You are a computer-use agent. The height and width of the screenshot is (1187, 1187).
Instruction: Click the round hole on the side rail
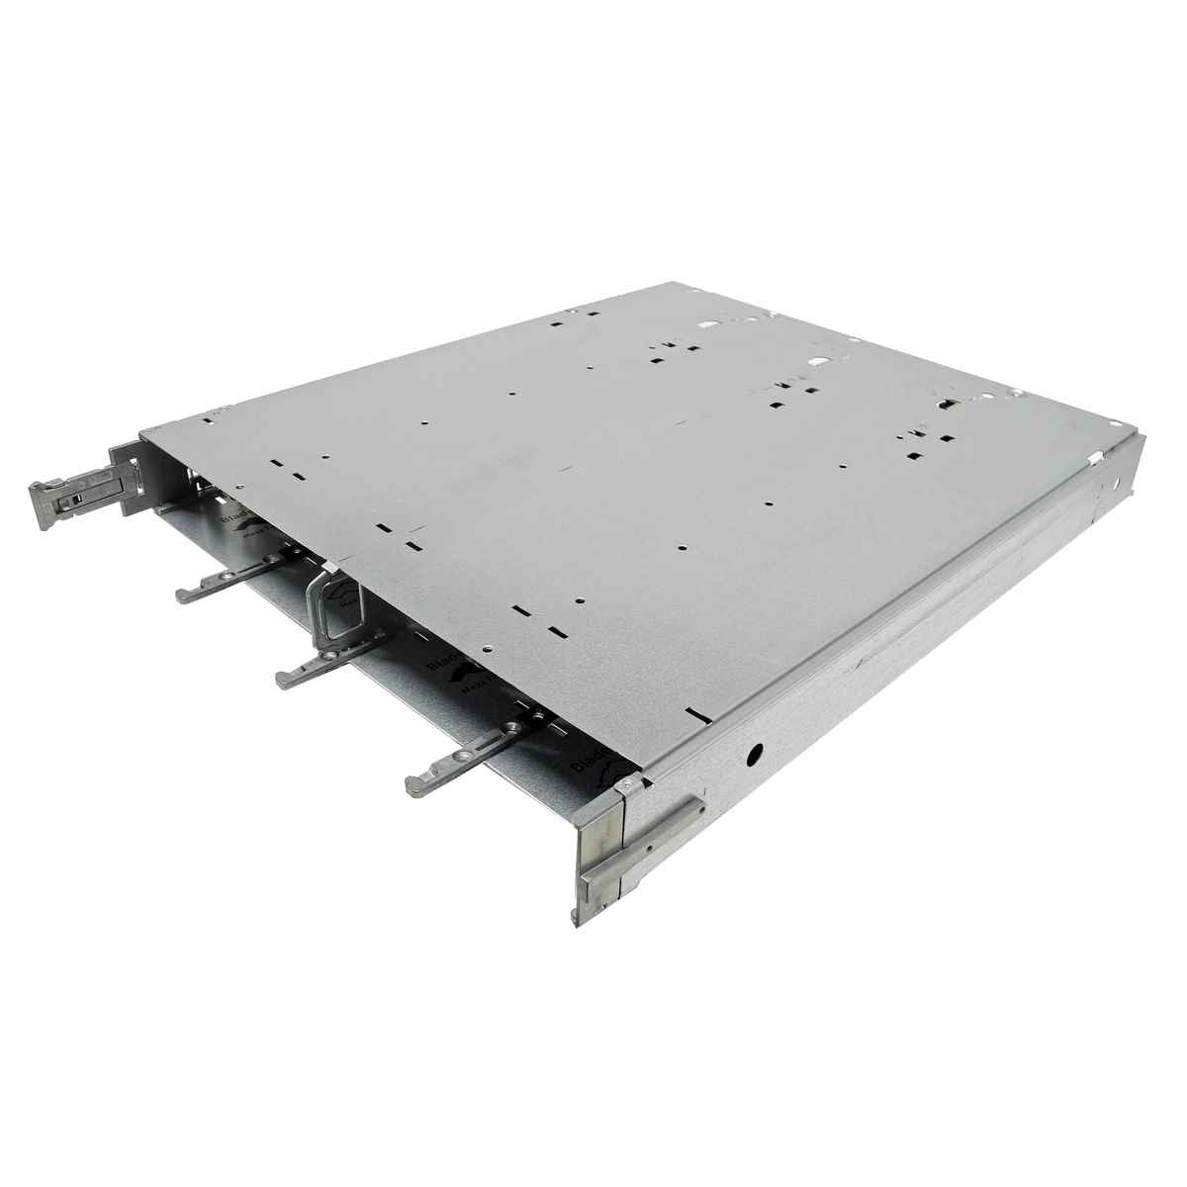point(755,754)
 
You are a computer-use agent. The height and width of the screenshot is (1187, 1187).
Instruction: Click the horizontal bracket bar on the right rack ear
point(643,840)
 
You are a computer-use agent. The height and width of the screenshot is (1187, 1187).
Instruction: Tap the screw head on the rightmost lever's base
point(512,727)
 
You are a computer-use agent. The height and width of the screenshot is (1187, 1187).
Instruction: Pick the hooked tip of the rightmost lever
point(415,787)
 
